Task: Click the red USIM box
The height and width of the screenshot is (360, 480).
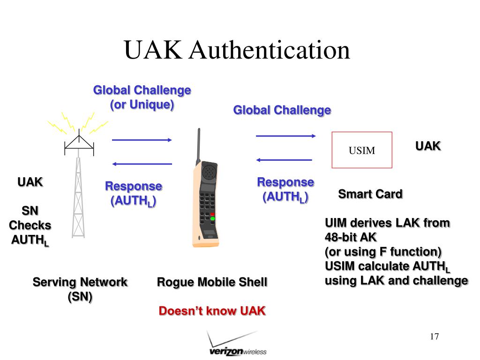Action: coord(361,150)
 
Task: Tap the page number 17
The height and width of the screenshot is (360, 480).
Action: coord(434,337)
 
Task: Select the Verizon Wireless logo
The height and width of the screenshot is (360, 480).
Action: coord(237,345)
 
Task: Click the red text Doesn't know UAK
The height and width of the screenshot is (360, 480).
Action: coord(212,311)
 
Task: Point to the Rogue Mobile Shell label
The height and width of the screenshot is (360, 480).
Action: coord(212,282)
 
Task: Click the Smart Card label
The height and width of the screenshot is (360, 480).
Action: coord(370,194)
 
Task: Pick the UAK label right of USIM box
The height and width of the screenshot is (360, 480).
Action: coord(428,146)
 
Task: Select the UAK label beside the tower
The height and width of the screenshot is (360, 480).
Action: coord(30,182)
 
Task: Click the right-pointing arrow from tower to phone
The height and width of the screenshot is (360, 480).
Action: coord(142,140)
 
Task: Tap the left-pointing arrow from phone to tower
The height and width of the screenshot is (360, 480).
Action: coord(142,164)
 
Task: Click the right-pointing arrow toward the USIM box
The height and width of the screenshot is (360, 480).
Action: coord(285,136)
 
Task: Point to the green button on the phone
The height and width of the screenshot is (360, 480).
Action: coord(212,218)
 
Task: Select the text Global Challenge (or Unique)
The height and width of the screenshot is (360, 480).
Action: coord(142,97)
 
